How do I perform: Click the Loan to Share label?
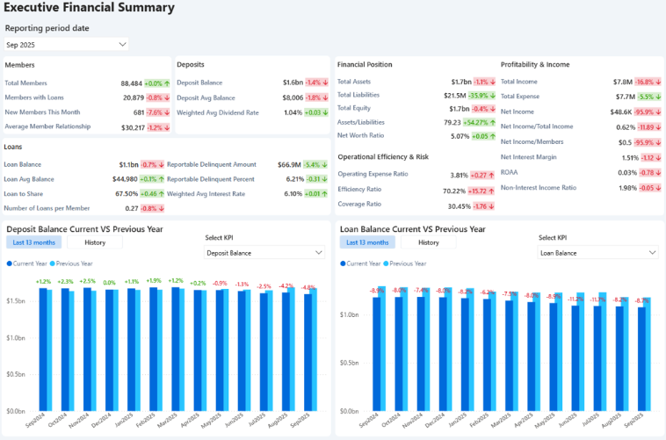pos(24,193)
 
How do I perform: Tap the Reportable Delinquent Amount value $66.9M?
pos(289,164)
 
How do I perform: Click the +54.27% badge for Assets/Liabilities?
pos(479,122)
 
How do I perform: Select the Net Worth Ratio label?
pos(361,136)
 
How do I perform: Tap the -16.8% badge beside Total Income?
pos(648,82)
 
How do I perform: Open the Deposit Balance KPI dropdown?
pos(264,253)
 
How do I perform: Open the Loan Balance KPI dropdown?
pos(597,253)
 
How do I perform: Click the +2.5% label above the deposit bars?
pos(87,282)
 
